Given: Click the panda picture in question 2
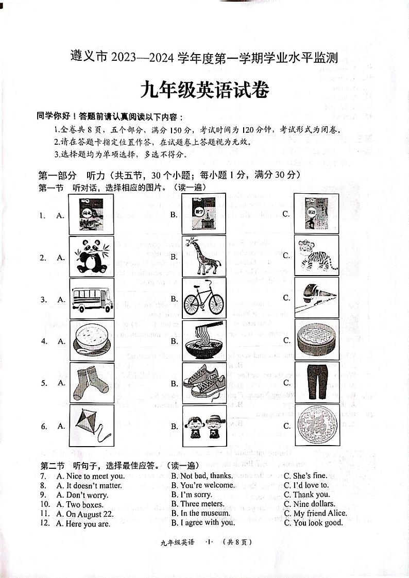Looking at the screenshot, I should pos(91,256).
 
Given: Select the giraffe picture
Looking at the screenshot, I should pos(204,256).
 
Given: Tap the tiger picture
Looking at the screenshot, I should pos(316,256).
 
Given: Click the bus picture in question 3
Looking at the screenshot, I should pos(91,298).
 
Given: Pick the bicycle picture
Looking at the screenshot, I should pos(204,298).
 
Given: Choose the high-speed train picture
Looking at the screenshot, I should pos(316,297).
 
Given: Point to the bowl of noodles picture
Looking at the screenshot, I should pos(204,341).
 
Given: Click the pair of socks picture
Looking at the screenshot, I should pos(91,383).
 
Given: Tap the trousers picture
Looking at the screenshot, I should pos(316,382).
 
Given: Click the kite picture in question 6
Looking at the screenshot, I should pos(91,426).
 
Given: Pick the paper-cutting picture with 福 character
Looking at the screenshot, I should pos(316,426).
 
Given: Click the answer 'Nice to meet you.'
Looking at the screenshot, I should pos(90,476).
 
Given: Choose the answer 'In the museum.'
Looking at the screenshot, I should pos(200,513).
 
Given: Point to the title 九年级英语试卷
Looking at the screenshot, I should pos(204,91).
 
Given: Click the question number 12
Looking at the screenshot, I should pos(45,523).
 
